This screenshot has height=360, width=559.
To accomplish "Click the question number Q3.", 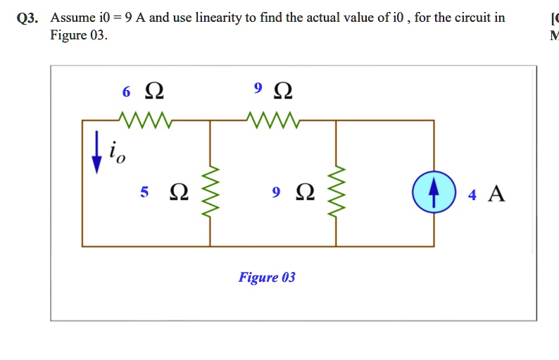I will click(x=29, y=18).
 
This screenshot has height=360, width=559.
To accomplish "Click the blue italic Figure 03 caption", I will click(x=267, y=277).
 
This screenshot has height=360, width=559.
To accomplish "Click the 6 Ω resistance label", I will click(x=144, y=91).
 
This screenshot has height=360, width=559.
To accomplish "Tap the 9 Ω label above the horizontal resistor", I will click(x=273, y=89).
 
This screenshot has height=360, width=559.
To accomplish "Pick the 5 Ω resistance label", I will click(x=164, y=192).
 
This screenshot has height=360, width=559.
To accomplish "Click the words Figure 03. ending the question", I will click(x=79, y=35).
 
